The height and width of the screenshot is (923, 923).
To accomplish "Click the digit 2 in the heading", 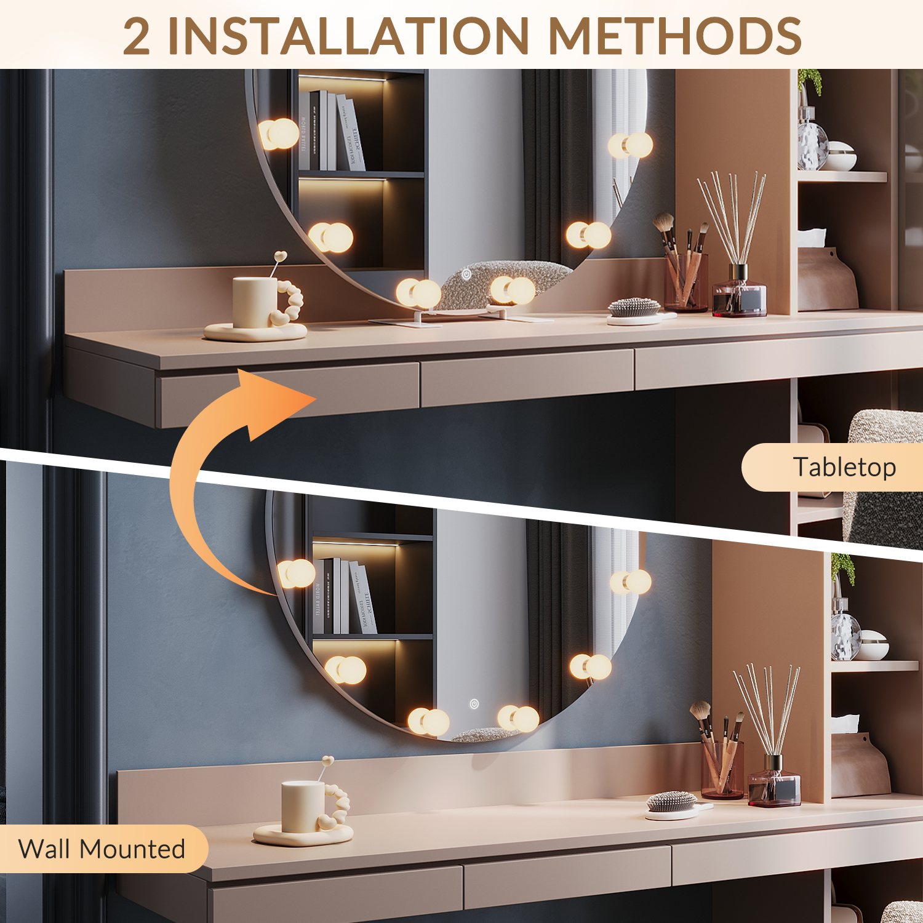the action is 137,36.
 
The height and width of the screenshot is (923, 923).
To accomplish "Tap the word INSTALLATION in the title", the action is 348,36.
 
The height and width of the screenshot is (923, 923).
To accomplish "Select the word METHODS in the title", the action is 674,36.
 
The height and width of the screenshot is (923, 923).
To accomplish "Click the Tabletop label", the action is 844,467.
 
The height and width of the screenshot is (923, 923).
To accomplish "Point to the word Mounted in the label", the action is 132,849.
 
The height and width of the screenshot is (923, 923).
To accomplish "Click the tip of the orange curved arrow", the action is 316,399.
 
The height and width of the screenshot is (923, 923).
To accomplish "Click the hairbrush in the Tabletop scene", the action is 639,310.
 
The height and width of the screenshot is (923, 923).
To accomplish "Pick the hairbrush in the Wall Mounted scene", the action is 676,804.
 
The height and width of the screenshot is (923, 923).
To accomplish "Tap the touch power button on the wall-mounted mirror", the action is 474,704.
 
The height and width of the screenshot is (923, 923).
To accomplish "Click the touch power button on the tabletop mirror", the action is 466,274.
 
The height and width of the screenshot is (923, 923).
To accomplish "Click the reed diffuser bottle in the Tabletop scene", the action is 739,292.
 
